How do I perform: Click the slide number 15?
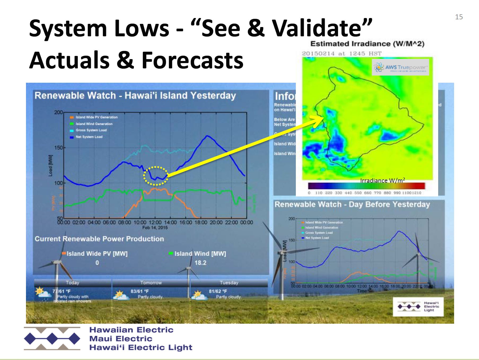459,17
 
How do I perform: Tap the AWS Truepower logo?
400,68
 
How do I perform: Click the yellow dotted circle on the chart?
156,176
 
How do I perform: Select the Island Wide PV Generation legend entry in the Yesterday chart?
96,117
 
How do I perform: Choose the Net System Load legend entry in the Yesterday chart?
89,137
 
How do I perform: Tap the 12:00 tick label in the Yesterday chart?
155,222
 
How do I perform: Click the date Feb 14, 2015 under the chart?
155,227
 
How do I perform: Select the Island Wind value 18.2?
200,263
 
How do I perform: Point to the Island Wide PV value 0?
97,263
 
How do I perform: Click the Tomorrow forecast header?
151,283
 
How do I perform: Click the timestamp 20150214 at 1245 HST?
341,53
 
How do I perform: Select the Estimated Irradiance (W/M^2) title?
367,44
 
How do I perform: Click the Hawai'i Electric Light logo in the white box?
418,306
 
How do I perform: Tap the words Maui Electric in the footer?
121,339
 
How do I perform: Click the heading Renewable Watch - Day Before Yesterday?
352,204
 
